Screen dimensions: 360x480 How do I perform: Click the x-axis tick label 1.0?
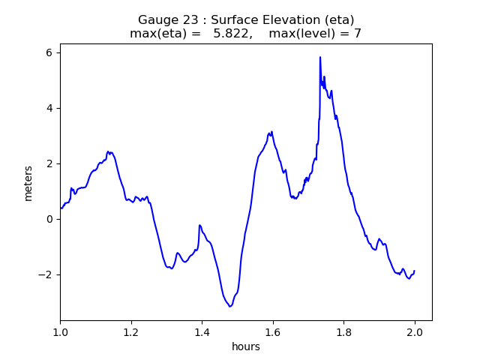click(x=60, y=332)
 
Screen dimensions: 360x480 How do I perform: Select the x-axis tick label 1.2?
click(x=131, y=332)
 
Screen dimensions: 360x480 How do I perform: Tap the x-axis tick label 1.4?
click(x=202, y=332)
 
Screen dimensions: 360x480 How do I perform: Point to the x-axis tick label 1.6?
click(x=273, y=332)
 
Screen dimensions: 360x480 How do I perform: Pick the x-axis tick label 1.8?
click(x=343, y=332)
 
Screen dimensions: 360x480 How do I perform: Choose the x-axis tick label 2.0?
click(x=415, y=332)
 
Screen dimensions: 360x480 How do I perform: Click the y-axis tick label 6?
click(x=49, y=52)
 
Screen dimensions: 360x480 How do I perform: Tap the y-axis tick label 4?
click(x=49, y=108)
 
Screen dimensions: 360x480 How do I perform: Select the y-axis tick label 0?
click(x=49, y=219)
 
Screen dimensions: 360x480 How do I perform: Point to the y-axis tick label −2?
click(x=45, y=274)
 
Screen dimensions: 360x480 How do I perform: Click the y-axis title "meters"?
click(x=28, y=183)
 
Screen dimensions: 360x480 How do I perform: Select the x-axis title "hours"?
click(x=246, y=346)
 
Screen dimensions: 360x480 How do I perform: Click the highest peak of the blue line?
click(x=320, y=57)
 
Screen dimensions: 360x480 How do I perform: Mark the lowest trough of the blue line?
click(x=231, y=306)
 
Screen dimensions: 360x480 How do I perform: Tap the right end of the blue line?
click(x=414, y=271)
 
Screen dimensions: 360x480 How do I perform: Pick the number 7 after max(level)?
click(x=358, y=34)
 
